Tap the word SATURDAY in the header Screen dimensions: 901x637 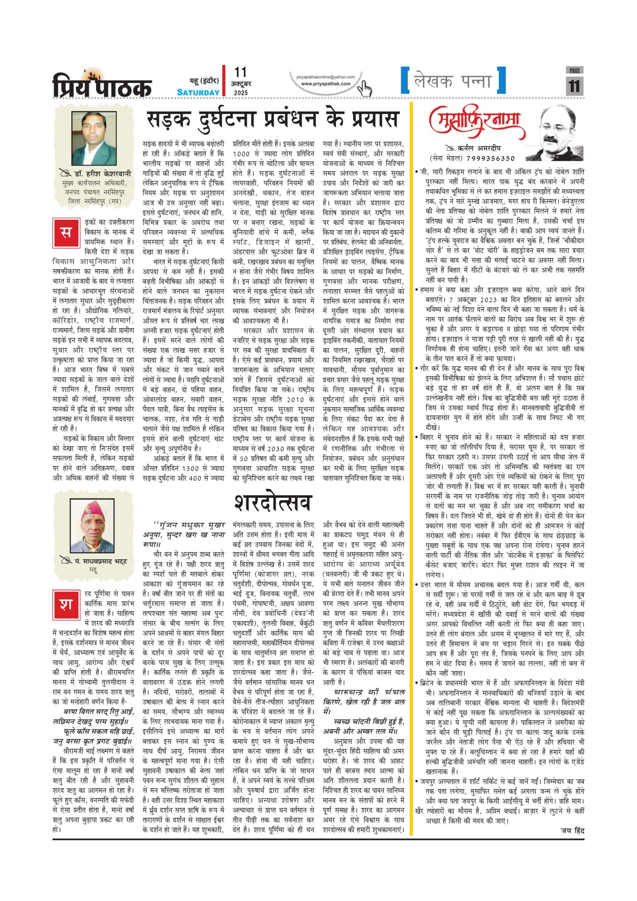point(198,92)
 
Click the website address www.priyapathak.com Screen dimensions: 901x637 point(326,84)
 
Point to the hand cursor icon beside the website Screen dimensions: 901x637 point(364,88)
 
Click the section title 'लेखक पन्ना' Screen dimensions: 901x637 point(453,81)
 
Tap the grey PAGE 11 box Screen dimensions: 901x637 point(574,81)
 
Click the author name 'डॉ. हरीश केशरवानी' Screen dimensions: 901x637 point(102,174)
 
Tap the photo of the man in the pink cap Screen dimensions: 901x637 point(92,526)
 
